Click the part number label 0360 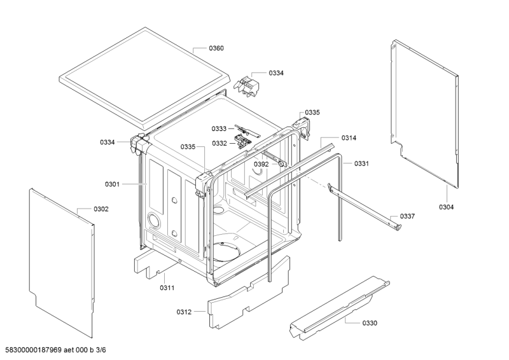point(216,48)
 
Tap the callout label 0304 point(447,207)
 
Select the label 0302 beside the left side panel point(101,209)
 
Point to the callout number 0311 point(167,288)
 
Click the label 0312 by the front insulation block point(184,312)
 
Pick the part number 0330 point(370,323)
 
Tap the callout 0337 point(407,216)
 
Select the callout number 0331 point(361,163)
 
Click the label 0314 point(349,138)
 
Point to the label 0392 point(261,164)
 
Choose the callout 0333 point(219,129)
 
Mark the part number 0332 point(220,144)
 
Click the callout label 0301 point(113,184)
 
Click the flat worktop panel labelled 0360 point(145,78)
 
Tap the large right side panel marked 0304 point(424,114)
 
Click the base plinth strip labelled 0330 point(339,308)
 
